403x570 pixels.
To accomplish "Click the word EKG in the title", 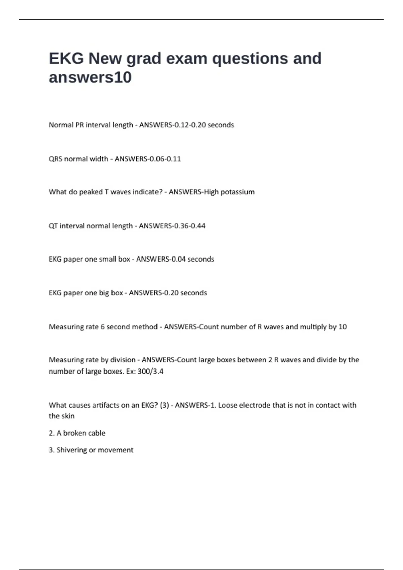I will (66, 58).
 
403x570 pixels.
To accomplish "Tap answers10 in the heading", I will (90, 77).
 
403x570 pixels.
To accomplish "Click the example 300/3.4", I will (150, 372).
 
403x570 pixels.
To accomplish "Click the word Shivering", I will (72, 450).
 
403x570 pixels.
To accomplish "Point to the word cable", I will (97, 433).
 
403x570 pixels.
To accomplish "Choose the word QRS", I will (55, 159).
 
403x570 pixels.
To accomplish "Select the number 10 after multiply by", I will (343, 327).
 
